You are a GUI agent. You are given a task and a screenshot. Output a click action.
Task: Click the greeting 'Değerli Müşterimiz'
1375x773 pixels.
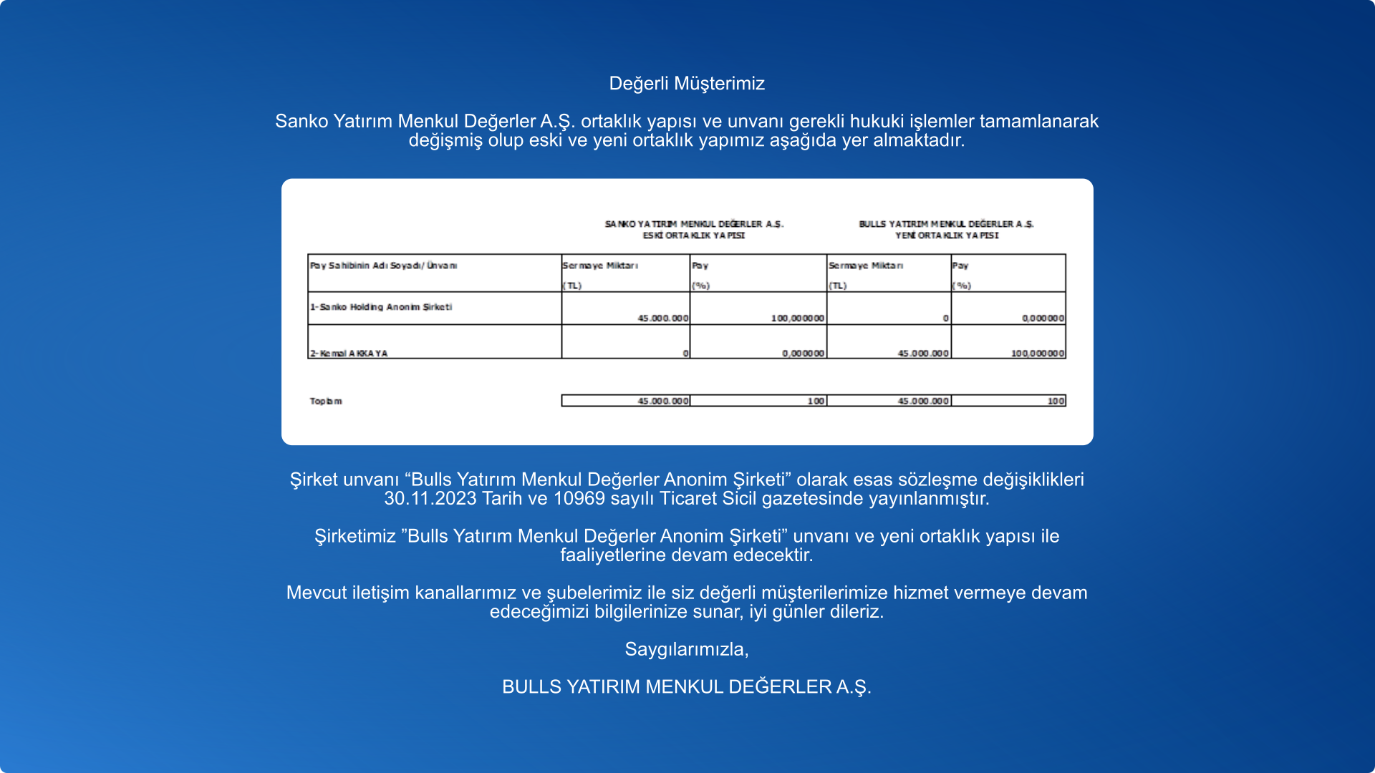coord(687,84)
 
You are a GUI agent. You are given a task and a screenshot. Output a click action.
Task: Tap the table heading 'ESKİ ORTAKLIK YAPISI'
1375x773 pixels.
coord(693,235)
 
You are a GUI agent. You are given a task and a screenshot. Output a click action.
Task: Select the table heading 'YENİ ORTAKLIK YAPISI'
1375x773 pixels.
coord(946,235)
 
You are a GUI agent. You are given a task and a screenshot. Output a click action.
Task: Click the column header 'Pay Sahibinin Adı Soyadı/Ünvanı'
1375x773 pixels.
coord(383,266)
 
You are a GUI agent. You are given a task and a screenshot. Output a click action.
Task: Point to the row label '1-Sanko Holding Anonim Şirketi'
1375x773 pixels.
coord(380,307)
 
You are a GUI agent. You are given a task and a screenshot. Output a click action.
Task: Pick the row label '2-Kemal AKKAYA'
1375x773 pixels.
coord(349,354)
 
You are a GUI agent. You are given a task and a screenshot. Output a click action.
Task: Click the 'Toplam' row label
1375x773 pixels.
coord(326,402)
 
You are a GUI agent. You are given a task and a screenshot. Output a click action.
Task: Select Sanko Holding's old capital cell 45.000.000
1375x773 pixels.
coord(662,319)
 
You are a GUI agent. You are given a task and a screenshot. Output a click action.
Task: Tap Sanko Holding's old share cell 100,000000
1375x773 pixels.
coord(797,319)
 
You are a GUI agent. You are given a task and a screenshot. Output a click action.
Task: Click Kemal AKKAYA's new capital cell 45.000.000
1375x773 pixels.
coord(923,354)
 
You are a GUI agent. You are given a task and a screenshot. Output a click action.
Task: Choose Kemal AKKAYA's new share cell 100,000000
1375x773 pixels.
coord(1037,354)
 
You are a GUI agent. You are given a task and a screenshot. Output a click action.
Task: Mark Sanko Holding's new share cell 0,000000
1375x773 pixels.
coord(1043,319)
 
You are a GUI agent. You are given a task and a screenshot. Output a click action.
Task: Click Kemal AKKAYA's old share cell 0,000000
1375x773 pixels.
coord(803,354)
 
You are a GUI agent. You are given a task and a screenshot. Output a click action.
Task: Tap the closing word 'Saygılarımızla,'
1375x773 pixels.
coord(687,649)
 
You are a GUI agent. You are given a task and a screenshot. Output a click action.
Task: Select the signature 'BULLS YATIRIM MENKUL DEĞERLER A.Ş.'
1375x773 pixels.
coord(687,687)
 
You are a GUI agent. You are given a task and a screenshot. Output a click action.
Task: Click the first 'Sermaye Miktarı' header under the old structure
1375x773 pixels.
coord(600,266)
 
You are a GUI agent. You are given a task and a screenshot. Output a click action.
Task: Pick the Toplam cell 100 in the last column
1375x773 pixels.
coord(1056,402)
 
